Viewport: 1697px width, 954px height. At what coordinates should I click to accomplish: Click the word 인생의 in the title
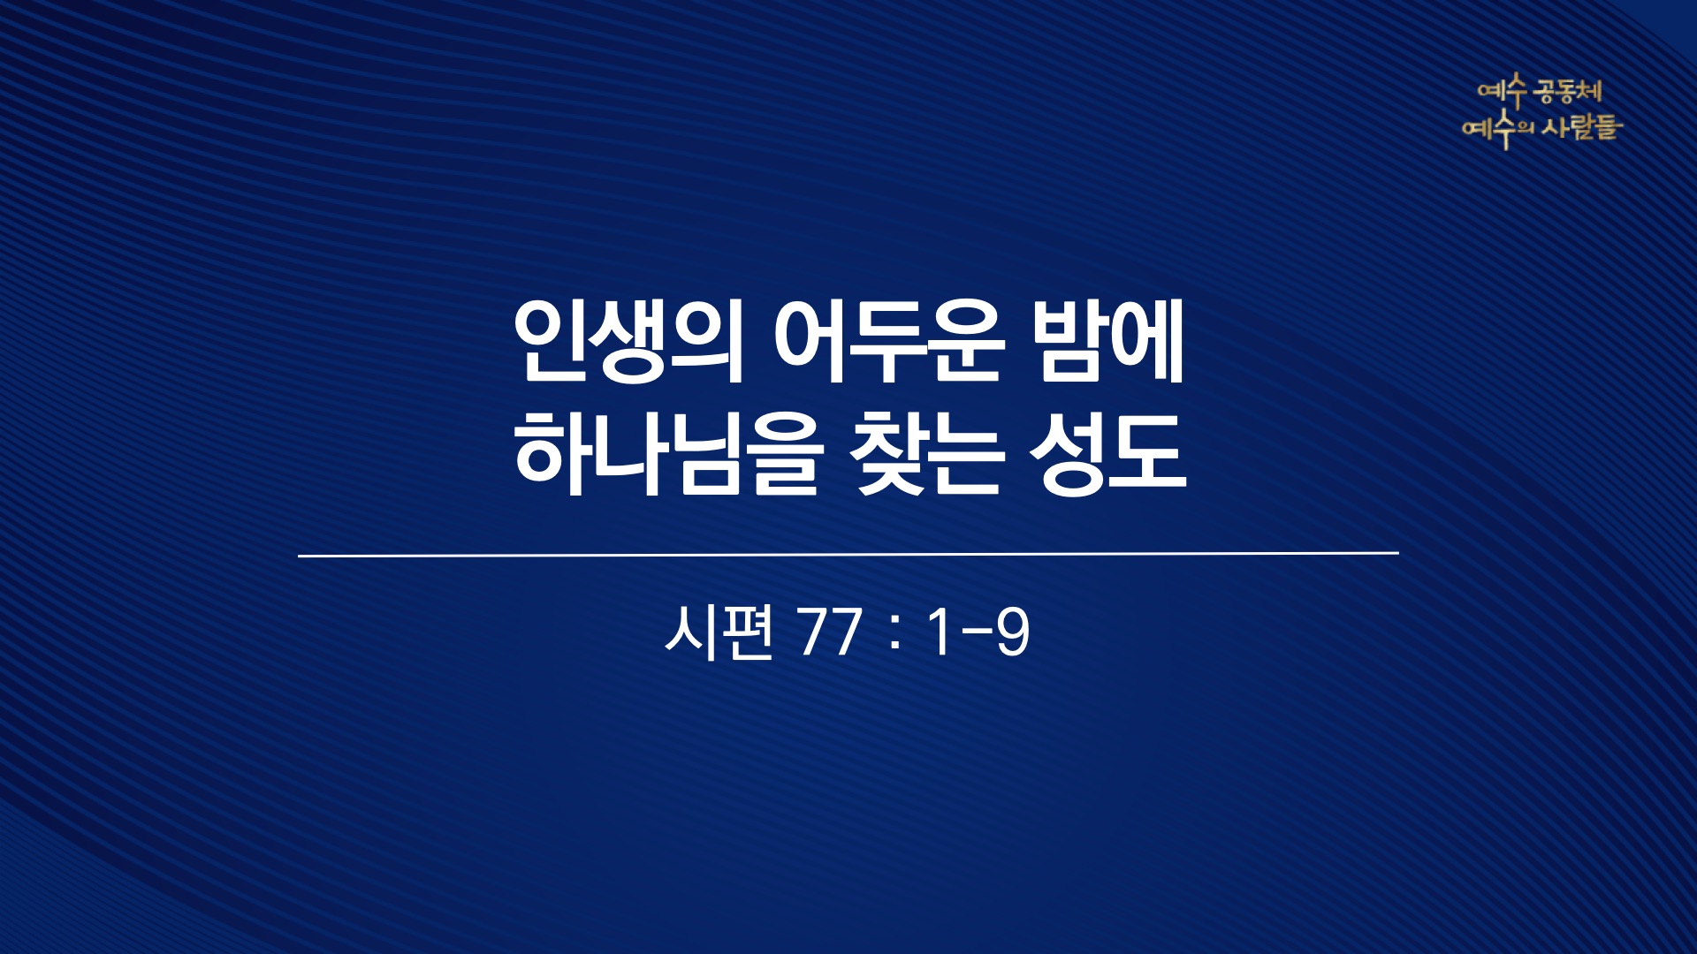tap(629, 343)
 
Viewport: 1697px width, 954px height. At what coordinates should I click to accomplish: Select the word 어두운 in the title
tap(889, 343)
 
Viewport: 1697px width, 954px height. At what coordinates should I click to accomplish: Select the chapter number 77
tap(829, 632)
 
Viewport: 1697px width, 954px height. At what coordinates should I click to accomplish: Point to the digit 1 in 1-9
tap(939, 632)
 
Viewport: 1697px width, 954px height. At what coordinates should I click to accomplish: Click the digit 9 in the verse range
tap(1013, 632)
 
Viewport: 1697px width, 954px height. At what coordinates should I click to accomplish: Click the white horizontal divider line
tap(848, 555)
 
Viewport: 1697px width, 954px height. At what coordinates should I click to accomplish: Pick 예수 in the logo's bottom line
tap(1489, 131)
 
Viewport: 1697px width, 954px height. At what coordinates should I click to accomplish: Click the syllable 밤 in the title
tap(1070, 343)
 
